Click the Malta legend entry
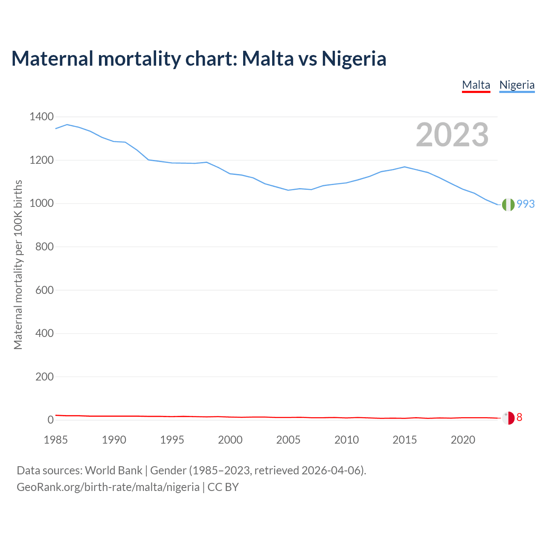pyautogui.click(x=476, y=85)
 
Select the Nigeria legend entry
pyautogui.click(x=517, y=85)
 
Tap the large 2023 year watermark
pyautogui.click(x=452, y=135)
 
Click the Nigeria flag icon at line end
pyautogui.click(x=508, y=205)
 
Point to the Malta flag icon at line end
pyautogui.click(x=508, y=418)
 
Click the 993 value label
pyautogui.click(x=526, y=204)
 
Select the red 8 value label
pyautogui.click(x=519, y=417)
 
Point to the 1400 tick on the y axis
pyautogui.click(x=41, y=117)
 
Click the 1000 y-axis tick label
pyautogui.click(x=41, y=203)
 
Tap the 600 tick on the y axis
pyautogui.click(x=44, y=290)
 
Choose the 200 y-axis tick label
pyautogui.click(x=44, y=377)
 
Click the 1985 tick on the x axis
pyautogui.click(x=56, y=440)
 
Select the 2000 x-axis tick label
pyautogui.click(x=230, y=440)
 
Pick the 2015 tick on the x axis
pyautogui.click(x=405, y=440)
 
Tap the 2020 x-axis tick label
pyautogui.click(x=463, y=440)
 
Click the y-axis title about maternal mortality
pyautogui.click(x=18, y=264)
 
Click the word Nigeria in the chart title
pyautogui.click(x=354, y=58)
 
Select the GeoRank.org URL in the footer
pyautogui.click(x=108, y=487)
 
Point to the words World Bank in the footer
pyautogui.click(x=113, y=470)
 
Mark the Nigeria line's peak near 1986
pyautogui.click(x=67, y=125)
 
